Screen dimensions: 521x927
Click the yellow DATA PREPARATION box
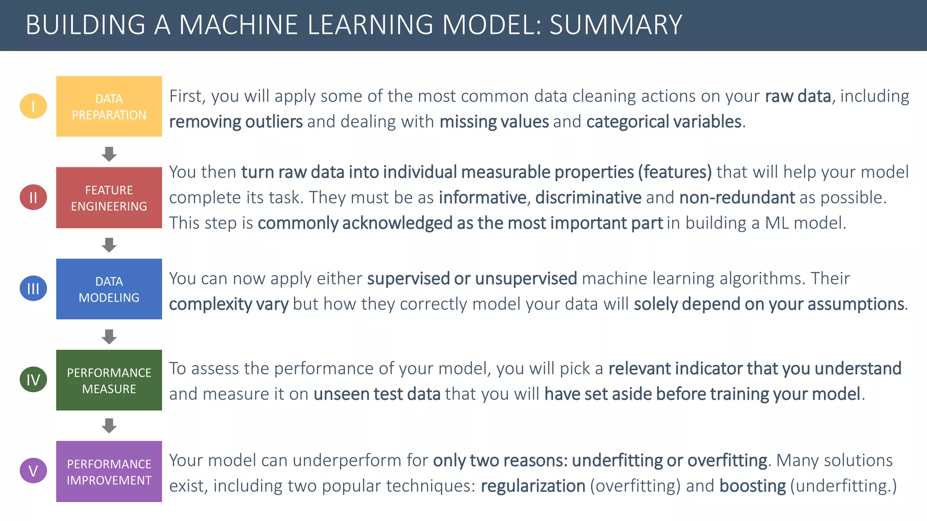coord(109,106)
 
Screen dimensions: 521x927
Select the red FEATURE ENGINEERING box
coord(109,198)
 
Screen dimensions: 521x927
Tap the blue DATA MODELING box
coord(109,289)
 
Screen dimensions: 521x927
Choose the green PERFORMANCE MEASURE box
coord(109,380)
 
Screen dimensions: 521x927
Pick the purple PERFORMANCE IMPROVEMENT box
coord(109,471)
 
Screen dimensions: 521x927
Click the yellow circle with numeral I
coord(33,106)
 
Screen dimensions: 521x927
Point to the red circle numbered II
coord(33,198)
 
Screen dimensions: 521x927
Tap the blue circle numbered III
coord(33,289)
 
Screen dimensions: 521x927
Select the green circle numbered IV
coord(33,380)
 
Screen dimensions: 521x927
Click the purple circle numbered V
coord(33,471)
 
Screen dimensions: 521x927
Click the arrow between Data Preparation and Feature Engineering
coord(109,154)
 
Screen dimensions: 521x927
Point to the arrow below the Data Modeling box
coord(109,336)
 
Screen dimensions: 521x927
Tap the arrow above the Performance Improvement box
coord(109,426)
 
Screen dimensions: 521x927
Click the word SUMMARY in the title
coord(616,25)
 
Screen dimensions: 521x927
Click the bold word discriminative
coord(588,198)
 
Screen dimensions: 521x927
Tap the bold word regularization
coord(533,486)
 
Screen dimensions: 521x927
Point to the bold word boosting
coord(752,486)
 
